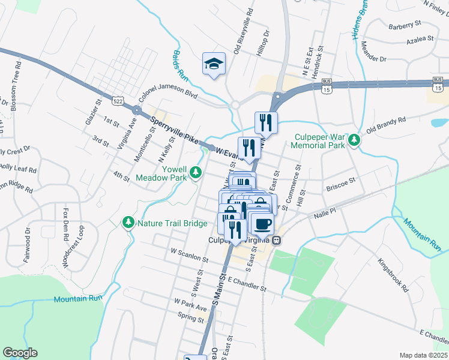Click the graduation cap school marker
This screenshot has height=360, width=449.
(x=214, y=63)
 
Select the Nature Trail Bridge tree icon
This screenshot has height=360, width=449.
(x=128, y=223)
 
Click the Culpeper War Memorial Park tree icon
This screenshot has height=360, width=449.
(x=355, y=140)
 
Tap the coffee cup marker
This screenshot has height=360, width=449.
(x=262, y=224)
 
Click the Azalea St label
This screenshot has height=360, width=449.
(x=420, y=39)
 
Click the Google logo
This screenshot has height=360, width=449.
(x=20, y=353)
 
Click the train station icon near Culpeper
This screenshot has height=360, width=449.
(x=276, y=240)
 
